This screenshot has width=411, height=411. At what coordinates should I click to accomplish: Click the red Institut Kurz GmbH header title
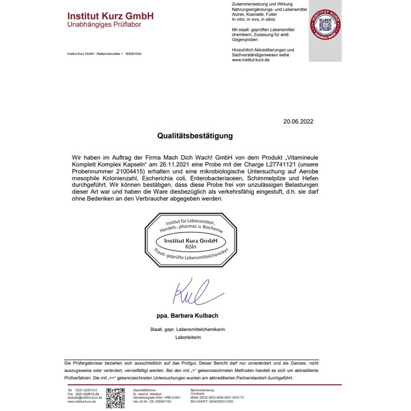(x=110, y=15)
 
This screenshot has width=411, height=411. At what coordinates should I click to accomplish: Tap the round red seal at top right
(x=325, y=24)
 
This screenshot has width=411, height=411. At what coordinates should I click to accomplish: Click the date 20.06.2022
(x=298, y=122)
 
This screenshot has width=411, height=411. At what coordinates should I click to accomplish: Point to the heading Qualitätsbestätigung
(x=195, y=136)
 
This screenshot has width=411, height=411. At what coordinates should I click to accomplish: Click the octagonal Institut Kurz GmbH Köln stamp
(x=191, y=241)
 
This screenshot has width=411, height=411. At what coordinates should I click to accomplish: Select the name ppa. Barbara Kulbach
(x=191, y=315)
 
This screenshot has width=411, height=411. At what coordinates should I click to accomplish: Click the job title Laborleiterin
(x=191, y=337)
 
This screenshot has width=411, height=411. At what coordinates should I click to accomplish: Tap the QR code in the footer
(x=116, y=397)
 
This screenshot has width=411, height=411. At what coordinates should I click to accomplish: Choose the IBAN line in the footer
(x=217, y=397)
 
